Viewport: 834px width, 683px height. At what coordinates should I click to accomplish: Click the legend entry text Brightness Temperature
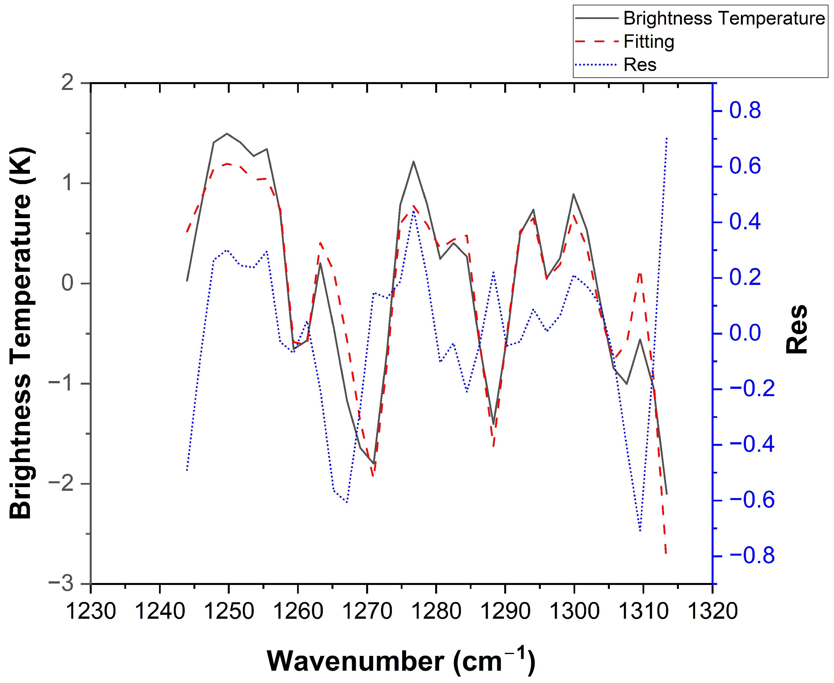point(723,18)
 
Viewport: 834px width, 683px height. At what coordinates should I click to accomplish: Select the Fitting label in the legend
point(649,41)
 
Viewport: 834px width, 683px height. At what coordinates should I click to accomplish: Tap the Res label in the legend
point(640,65)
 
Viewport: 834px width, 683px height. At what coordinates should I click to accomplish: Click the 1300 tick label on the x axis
point(574,611)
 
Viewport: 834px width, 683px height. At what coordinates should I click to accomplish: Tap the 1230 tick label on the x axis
point(91,611)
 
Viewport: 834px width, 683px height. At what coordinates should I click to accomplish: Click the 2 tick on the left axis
point(68,83)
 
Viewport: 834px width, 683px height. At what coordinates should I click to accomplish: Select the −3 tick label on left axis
point(62,584)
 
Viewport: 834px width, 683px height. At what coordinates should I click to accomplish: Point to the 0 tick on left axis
point(68,283)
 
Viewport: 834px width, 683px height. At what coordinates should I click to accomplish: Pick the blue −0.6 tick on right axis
point(752,500)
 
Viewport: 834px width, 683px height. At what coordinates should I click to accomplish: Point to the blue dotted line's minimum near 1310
point(640,531)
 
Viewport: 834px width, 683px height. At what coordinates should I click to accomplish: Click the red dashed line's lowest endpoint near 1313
point(666,554)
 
